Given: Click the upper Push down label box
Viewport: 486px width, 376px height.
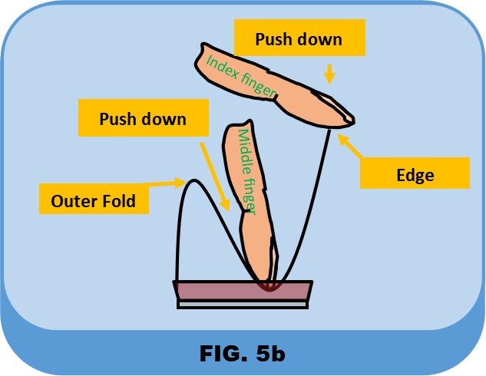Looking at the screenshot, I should coord(298,39).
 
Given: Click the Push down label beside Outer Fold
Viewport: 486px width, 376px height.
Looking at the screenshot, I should coord(143,119).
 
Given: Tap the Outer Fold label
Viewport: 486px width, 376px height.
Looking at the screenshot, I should coord(93,201).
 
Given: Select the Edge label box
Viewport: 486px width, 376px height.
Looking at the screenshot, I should coord(415,173).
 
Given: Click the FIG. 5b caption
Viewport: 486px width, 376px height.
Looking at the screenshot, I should coord(242,354).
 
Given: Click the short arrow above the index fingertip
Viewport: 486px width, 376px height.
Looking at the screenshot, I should coord(329,74).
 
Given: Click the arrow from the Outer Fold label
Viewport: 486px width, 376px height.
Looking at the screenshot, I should coord(166,183).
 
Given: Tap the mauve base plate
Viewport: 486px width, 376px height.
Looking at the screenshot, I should coord(243,291).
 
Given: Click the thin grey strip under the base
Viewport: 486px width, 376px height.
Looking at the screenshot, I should coord(243,304).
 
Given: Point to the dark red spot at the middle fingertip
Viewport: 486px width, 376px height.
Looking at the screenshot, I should coord(269,285).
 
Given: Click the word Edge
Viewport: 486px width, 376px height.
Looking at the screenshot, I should coord(415,174).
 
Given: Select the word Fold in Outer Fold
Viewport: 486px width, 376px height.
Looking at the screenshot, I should coord(117,201).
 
